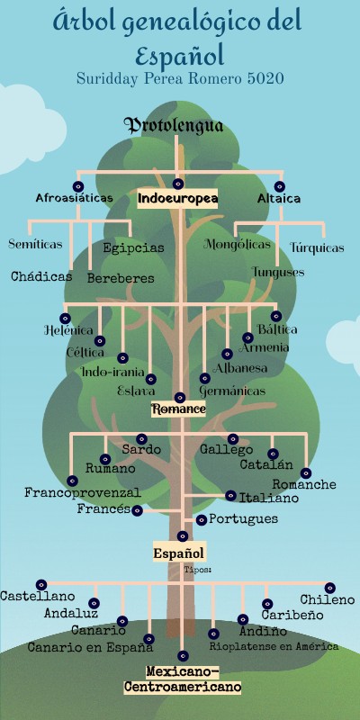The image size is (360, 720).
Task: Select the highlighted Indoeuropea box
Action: [178, 199]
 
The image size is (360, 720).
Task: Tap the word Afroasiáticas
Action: [75, 198]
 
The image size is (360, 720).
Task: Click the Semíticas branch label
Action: [35, 244]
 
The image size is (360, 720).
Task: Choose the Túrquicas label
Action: [317, 247]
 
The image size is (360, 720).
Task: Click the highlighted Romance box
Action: [178, 409]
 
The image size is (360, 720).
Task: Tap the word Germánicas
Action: [232, 392]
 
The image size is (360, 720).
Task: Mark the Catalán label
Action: [266, 465]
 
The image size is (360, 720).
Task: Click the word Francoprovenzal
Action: [83, 493]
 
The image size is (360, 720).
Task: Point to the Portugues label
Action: [243, 519]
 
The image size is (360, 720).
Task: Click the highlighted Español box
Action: [179, 553]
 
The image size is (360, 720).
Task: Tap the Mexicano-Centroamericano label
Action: [183, 679]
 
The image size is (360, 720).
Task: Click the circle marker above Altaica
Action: [281, 186]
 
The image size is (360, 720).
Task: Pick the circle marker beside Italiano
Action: [231, 495]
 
